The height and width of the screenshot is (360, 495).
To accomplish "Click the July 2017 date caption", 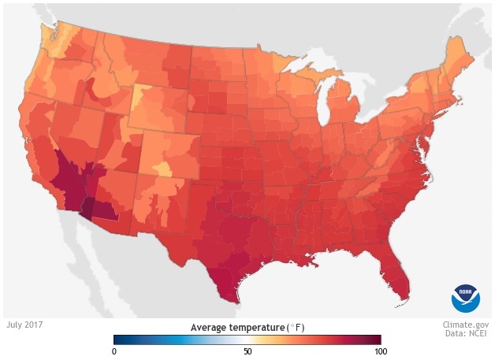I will [24, 324].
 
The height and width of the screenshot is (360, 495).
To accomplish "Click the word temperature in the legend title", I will [259, 327].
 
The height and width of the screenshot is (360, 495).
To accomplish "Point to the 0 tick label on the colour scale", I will [114, 351].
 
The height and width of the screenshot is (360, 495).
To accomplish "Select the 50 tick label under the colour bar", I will [247, 351].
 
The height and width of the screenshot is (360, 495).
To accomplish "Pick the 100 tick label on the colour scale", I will [379, 351].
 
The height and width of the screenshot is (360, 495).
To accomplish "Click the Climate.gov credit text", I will [465, 324].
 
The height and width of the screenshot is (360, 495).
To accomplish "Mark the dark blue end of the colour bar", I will [118, 340].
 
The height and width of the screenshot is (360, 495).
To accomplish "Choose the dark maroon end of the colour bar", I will [377, 340].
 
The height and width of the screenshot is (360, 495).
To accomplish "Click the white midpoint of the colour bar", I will [247, 340].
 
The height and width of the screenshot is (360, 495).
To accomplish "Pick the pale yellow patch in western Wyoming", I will [139, 98].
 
